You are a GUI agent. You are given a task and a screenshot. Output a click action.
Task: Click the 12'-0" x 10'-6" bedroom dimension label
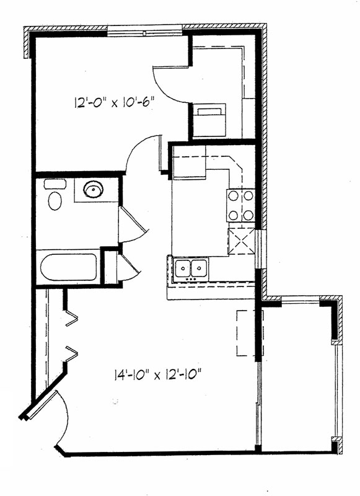click(115, 102)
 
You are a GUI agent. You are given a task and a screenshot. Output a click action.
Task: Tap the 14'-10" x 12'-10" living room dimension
click(157, 375)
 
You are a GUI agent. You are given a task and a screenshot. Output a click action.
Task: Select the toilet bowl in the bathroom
click(55, 201)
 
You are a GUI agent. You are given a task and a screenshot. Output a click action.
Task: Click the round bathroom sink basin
click(93, 190)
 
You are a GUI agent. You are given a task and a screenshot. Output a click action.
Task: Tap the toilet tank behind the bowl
click(55, 184)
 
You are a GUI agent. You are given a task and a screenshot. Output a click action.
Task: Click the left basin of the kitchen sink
click(183, 268)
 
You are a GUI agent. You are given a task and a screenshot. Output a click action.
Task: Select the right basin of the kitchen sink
click(199, 268)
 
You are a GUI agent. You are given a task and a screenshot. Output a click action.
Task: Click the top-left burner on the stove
click(233, 196)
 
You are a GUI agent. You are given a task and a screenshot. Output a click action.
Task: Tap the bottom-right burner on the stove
click(248, 215)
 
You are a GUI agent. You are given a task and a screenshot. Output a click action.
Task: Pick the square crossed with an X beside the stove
click(242, 241)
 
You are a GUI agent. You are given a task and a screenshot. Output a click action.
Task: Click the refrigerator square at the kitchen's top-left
click(189, 162)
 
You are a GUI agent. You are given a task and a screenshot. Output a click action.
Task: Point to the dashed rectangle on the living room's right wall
click(246, 333)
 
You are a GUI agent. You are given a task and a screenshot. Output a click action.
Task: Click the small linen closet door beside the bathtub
click(130, 267)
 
